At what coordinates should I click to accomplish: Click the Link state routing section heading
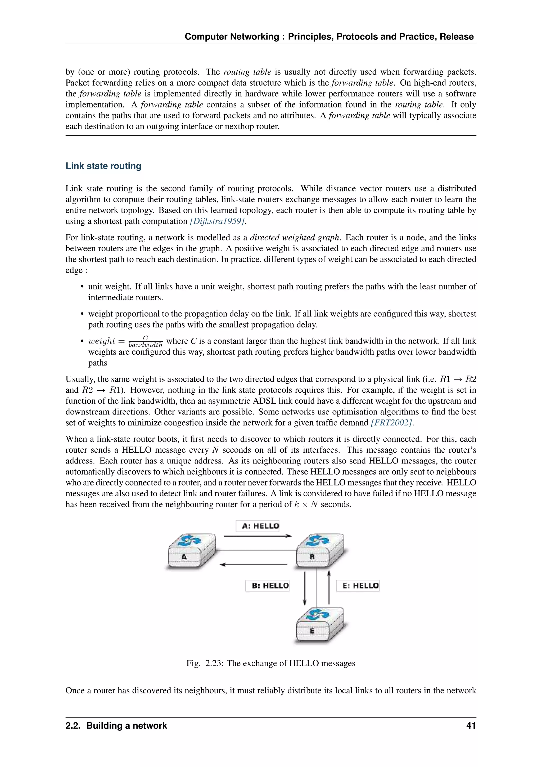[103, 166]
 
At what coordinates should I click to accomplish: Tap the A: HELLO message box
[257, 526]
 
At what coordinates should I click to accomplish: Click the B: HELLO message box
[267, 586]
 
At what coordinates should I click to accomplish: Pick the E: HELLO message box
[358, 586]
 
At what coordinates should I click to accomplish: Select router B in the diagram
[318, 550]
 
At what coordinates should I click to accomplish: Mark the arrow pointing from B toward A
[254, 565]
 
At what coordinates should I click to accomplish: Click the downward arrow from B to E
[304, 588]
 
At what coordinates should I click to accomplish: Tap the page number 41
[471, 726]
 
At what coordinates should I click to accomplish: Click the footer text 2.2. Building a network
[116, 726]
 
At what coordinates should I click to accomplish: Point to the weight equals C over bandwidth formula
[125, 341]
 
